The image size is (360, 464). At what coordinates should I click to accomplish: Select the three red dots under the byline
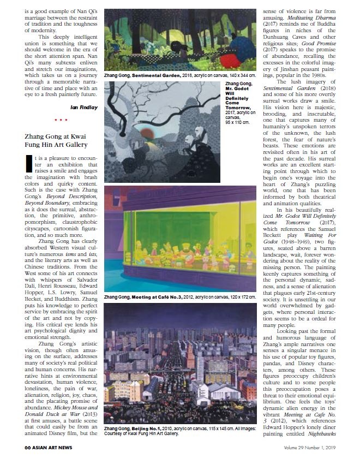61,120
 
